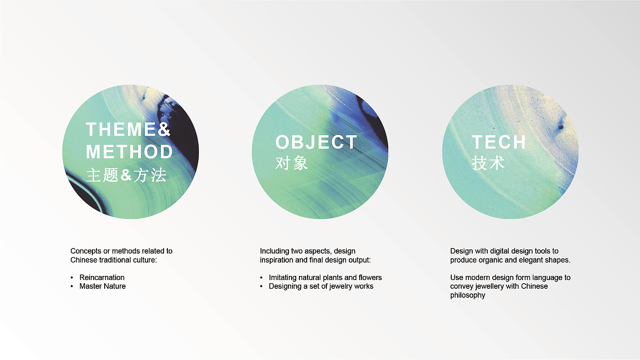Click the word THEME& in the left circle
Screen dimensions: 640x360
128,129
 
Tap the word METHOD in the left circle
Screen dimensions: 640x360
129,152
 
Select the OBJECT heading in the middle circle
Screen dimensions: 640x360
316,142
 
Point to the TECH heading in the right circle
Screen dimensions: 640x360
499,142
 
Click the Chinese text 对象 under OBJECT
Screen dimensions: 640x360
292,163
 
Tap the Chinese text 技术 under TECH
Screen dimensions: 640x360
488,163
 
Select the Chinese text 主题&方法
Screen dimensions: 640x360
126,175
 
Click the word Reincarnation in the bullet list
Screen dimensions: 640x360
101,277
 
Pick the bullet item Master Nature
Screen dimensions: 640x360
102,286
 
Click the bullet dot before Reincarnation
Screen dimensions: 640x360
72,277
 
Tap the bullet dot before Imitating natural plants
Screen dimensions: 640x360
261,277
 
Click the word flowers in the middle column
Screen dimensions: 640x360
370,277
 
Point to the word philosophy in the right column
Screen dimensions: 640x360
467,295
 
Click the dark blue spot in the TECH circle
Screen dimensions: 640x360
560,125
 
